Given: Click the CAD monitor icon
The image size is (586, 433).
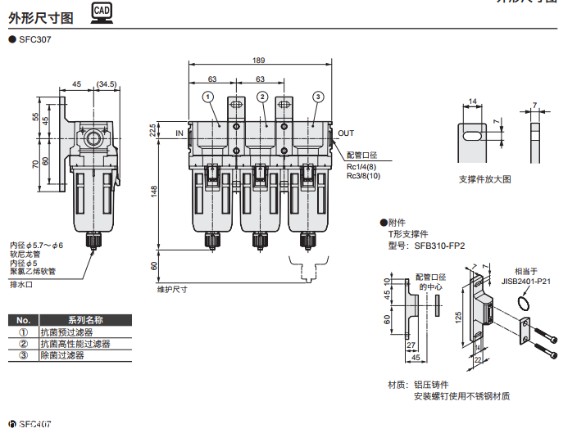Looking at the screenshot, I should click(102, 11).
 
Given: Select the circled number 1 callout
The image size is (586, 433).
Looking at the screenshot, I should click(209, 97).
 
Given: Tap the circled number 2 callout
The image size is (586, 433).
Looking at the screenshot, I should click(262, 97).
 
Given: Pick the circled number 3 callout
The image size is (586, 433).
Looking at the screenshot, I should click(317, 97).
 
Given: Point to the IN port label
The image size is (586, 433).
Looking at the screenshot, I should click(179, 133).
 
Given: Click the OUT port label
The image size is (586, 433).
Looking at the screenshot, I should click(346, 133).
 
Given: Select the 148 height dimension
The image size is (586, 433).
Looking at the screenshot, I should click(152, 191).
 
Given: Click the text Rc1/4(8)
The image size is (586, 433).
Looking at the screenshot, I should click(361, 165).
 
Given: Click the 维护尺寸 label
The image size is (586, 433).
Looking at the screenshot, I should click(172, 289).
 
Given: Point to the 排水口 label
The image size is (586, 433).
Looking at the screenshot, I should click(20, 284).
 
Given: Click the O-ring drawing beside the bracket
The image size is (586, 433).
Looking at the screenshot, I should click(525, 306).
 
